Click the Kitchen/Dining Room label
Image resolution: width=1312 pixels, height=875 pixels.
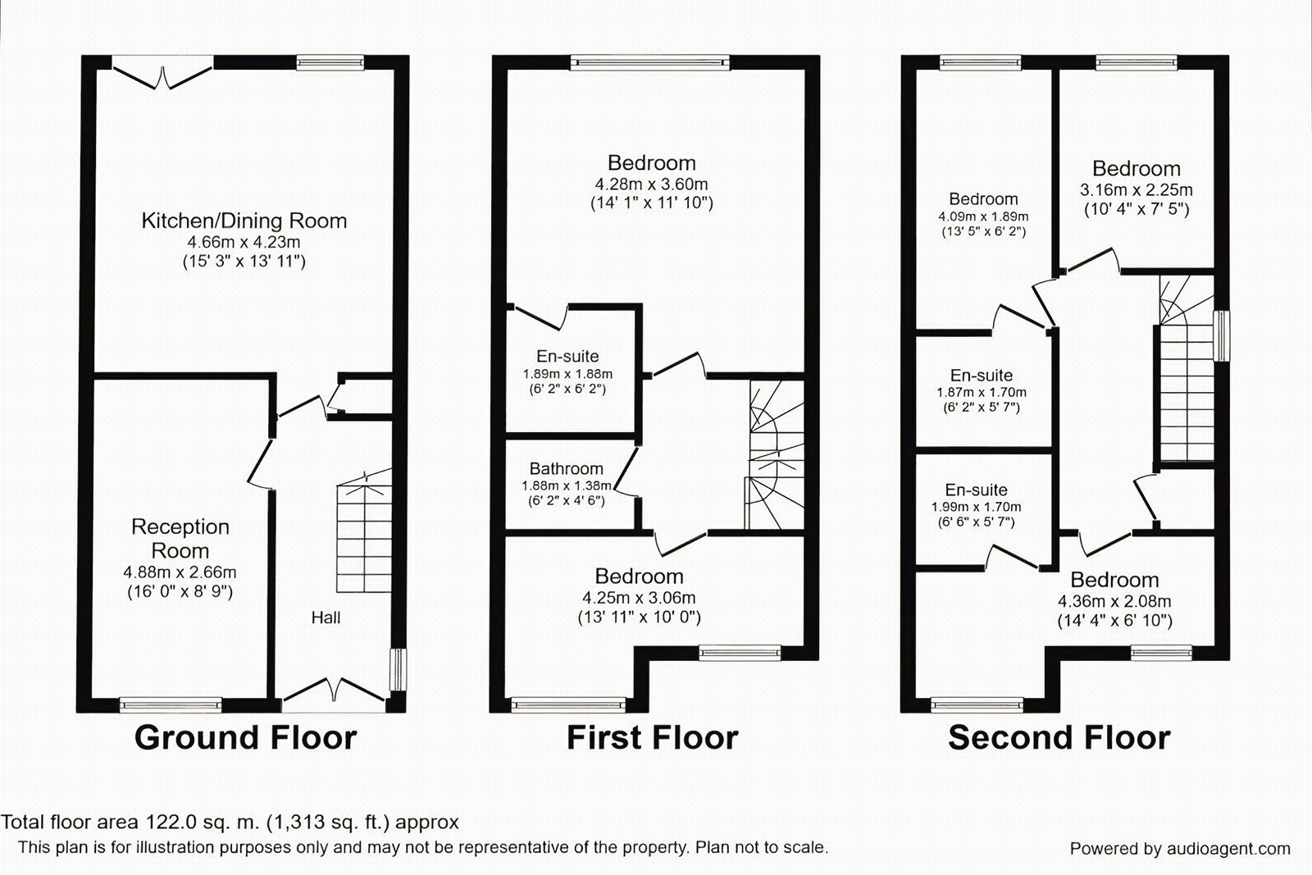(244, 221)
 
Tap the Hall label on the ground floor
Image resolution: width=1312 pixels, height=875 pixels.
(326, 618)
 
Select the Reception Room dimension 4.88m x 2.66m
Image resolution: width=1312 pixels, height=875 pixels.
(180, 572)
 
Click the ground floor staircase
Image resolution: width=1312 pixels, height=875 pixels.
(363, 533)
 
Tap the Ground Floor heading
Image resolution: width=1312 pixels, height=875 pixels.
(245, 737)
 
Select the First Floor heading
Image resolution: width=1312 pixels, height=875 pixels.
(652, 737)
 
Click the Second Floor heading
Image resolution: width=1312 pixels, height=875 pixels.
(1059, 737)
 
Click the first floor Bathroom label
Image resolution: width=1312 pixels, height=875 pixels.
(566, 469)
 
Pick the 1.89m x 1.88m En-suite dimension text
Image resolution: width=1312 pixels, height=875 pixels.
(567, 374)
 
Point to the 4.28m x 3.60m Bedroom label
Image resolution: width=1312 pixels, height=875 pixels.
(651, 163)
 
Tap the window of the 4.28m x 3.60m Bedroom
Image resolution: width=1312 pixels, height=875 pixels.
(650, 61)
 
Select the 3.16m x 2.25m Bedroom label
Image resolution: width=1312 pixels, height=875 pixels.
(1136, 169)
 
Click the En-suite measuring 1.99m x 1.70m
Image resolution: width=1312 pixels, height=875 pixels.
(976, 490)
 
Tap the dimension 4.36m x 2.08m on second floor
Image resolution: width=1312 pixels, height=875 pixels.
(1114, 601)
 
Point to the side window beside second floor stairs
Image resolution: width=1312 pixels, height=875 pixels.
(1222, 335)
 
